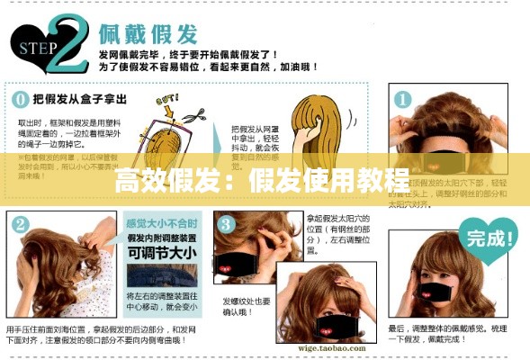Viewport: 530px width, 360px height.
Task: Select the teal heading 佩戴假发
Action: [148, 35]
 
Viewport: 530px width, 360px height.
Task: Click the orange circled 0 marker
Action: [18, 96]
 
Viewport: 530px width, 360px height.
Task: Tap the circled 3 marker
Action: [226, 222]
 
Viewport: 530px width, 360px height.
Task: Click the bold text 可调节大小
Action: [163, 253]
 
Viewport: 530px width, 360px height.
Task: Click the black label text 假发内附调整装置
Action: [162, 238]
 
